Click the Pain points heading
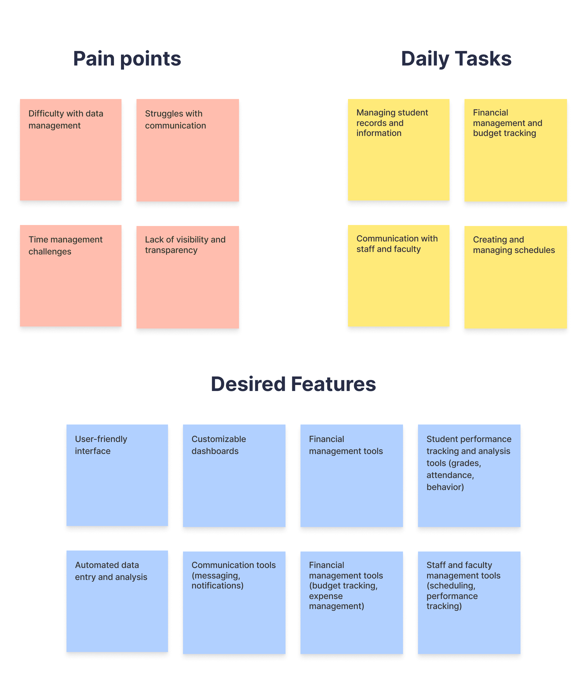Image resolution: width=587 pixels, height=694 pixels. tap(127, 59)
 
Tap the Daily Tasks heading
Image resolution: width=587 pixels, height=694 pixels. tap(456, 59)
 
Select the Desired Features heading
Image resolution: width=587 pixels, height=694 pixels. tap(293, 384)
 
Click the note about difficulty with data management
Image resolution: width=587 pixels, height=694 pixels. tap(70, 150)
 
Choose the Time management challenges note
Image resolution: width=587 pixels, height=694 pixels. tap(70, 276)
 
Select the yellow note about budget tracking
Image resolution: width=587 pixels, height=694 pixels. tap(515, 150)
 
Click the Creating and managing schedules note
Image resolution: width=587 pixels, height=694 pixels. tap(515, 277)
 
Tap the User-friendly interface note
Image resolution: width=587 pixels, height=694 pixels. tap(117, 475)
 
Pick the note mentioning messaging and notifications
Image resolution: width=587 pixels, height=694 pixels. tap(234, 602)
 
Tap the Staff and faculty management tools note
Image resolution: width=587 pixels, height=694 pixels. tap(469, 602)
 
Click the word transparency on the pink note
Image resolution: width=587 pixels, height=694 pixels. tap(171, 250)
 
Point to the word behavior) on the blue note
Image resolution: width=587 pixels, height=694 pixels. tap(445, 487)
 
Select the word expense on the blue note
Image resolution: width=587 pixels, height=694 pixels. tap(325, 596)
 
